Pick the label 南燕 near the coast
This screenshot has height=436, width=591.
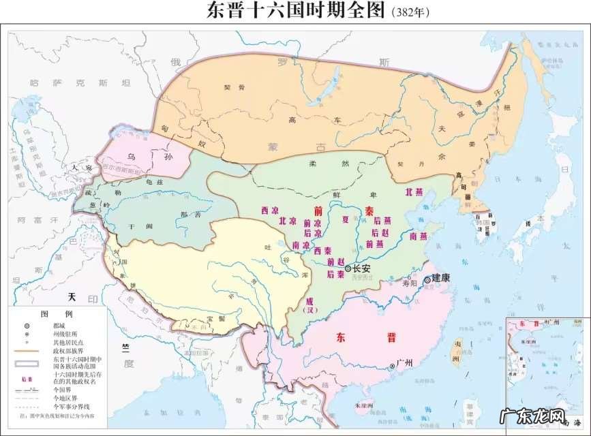point(418,236)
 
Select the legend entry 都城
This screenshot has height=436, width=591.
point(61,326)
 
